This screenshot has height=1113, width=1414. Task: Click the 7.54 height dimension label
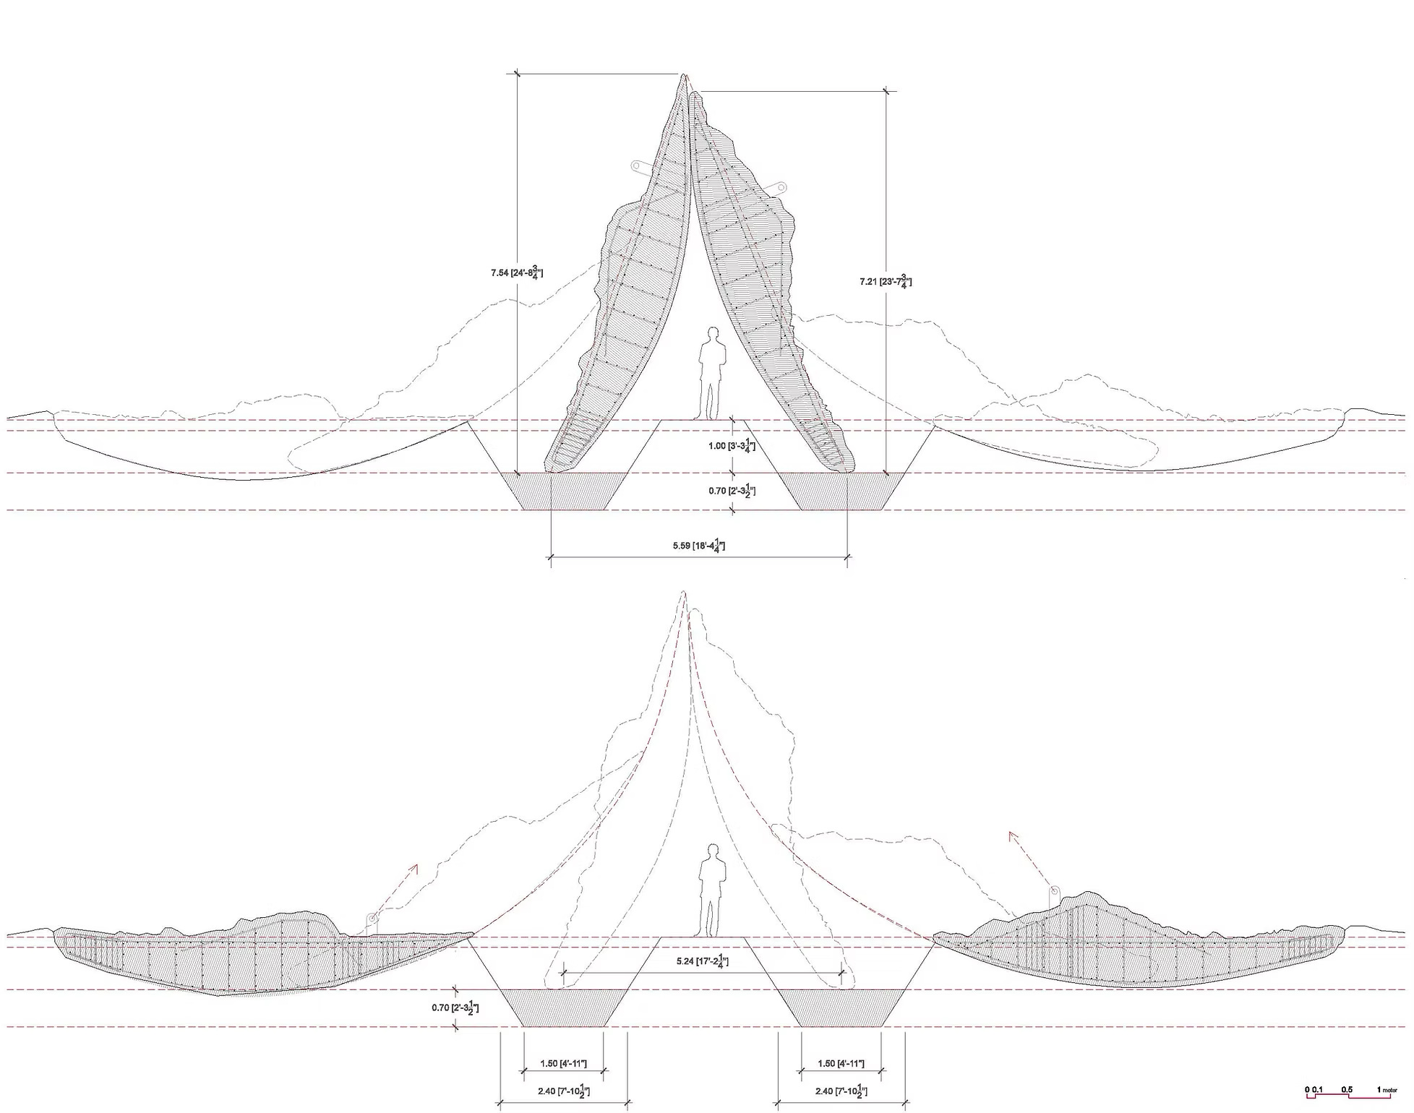click(516, 273)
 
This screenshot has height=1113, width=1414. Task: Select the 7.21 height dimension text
click(885, 281)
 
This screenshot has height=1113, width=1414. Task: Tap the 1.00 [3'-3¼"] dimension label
click(732, 446)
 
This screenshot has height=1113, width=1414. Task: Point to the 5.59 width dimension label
click(698, 546)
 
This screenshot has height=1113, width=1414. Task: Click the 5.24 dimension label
click(702, 962)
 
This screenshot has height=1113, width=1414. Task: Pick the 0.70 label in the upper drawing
click(732, 491)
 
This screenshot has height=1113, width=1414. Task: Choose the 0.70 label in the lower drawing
click(455, 1007)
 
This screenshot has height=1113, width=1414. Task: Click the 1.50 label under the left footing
click(563, 1064)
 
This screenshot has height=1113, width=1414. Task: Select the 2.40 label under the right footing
click(841, 1091)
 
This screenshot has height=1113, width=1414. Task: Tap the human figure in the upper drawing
click(712, 372)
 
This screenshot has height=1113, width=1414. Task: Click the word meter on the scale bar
click(1390, 1090)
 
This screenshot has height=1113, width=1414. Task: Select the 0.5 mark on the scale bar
click(1347, 1089)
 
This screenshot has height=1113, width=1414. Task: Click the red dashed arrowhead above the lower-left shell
click(414, 867)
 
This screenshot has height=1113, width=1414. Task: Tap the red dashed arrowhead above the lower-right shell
click(1013, 835)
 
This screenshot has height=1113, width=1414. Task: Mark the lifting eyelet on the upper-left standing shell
click(638, 166)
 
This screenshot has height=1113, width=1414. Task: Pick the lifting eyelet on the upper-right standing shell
click(780, 187)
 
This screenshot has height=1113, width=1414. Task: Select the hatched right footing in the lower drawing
click(841, 1007)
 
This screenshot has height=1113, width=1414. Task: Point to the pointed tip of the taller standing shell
click(683, 75)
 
